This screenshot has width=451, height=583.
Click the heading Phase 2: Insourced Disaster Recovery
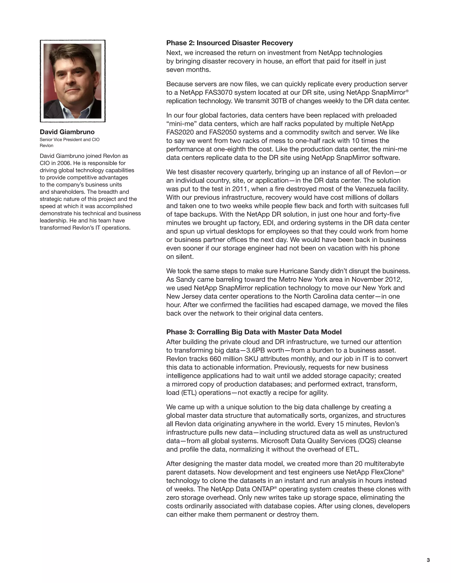tap(229, 43)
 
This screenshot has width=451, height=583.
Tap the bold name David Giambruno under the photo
tap(67, 132)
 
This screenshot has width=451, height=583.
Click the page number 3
tap(428, 560)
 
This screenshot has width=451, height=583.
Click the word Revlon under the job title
tap(46, 145)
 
